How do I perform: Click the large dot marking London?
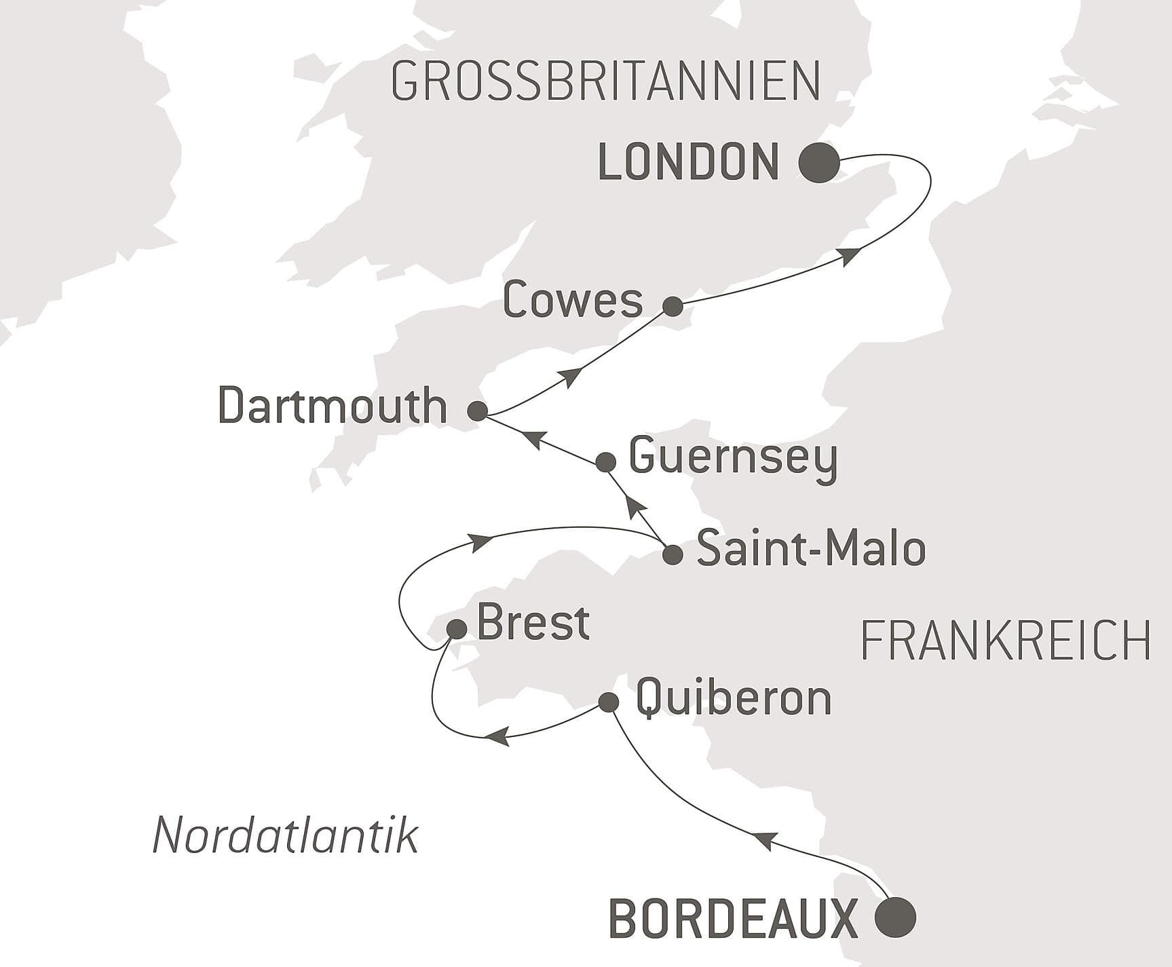point(819,163)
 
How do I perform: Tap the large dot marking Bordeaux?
point(895,917)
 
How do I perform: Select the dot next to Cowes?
point(673,306)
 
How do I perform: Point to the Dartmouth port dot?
point(477,411)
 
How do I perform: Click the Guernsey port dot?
point(605,463)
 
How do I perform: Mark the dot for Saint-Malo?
point(672,554)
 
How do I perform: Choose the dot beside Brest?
point(457,629)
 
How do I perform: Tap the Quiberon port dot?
point(609,702)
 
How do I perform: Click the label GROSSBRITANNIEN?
point(606,82)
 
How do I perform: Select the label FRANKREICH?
point(1005,641)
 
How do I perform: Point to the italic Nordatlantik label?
point(285,835)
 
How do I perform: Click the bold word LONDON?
point(688,163)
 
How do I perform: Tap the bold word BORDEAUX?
point(734,919)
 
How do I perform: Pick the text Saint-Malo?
point(811,549)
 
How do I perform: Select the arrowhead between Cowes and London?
point(849,256)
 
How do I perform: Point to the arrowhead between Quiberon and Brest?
point(499,736)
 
